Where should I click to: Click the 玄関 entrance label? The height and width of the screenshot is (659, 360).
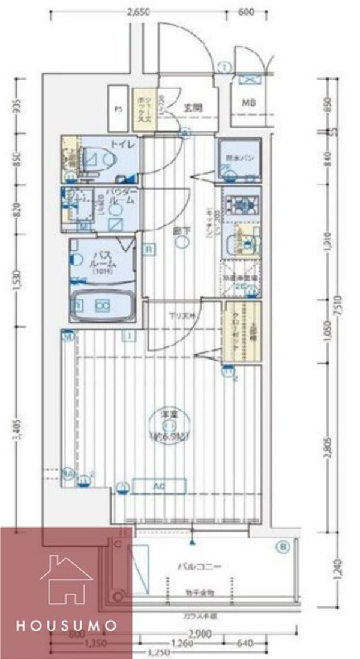pyautogui.click(x=192, y=108)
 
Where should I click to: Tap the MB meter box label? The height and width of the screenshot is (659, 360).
pyautogui.click(x=248, y=103)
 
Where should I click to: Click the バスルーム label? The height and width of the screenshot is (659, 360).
pyautogui.click(x=103, y=259)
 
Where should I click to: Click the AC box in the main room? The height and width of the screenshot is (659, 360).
pyautogui.click(x=159, y=484)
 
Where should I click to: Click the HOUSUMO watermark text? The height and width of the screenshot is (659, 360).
pyautogui.click(x=66, y=625)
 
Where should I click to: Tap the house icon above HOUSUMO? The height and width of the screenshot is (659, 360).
pyautogui.click(x=66, y=578)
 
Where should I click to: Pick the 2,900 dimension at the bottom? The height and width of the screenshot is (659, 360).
pyautogui.click(x=199, y=634)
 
